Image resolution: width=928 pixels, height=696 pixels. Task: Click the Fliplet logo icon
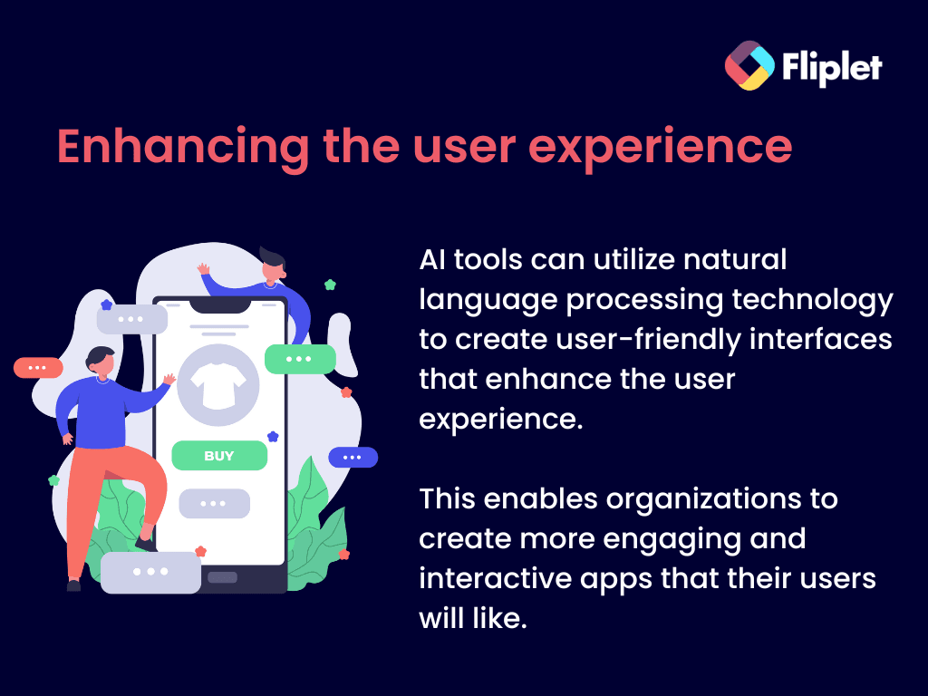click(749, 65)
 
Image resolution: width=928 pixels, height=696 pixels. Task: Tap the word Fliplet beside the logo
click(832, 67)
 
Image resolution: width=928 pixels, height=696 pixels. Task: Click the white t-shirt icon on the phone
click(218, 386)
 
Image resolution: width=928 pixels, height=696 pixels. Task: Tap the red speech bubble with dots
click(38, 368)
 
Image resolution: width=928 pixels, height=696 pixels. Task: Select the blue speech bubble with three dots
click(353, 457)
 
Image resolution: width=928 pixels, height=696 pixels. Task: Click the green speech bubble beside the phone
click(300, 359)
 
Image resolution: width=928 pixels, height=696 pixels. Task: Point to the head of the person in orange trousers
click(101, 362)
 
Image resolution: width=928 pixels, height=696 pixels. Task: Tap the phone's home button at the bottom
click(223, 577)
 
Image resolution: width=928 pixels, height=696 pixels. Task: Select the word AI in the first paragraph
click(432, 260)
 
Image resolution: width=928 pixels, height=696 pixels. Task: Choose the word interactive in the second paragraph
click(496, 579)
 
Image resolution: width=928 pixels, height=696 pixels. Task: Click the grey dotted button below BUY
click(214, 504)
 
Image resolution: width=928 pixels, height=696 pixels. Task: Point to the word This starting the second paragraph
click(448, 499)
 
